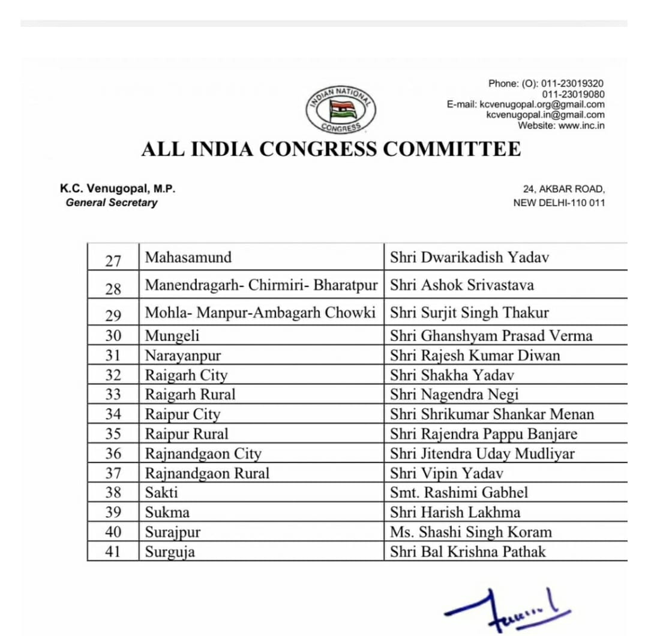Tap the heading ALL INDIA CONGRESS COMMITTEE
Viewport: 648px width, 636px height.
[x=331, y=149]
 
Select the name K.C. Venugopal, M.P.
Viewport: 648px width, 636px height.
[x=118, y=189]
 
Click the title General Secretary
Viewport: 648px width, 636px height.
[x=112, y=202]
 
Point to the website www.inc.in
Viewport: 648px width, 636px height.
[x=561, y=126]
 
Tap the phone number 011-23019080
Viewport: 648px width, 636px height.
[x=573, y=94]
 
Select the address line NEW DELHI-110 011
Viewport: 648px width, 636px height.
[x=559, y=203]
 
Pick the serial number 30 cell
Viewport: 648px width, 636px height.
[x=113, y=336]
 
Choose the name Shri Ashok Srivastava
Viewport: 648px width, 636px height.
[x=461, y=285]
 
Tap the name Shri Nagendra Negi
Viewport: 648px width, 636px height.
[x=454, y=395]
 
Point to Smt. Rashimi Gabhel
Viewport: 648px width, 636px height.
[x=459, y=493]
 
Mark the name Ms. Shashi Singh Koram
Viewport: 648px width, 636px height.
[x=470, y=532]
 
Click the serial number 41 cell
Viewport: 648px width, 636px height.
[x=113, y=551]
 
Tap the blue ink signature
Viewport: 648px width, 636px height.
[x=507, y=610]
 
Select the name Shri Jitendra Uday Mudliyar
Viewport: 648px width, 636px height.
[x=482, y=453]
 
